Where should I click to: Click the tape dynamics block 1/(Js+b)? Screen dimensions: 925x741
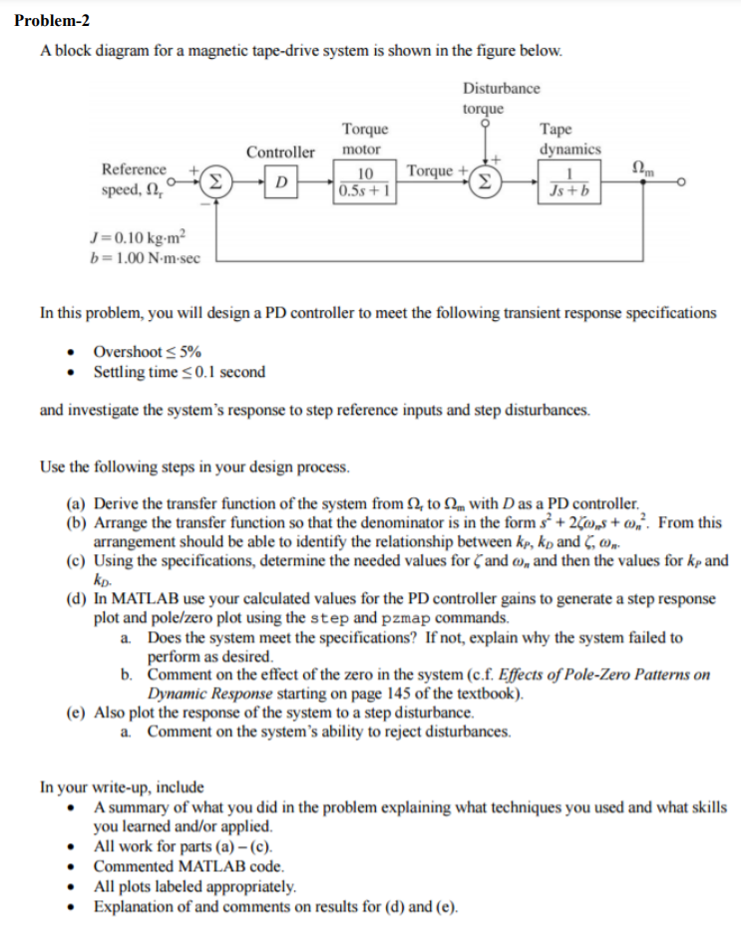[570, 182]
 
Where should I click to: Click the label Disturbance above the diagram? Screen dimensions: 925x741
[502, 88]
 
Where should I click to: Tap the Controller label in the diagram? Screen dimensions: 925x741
[280, 153]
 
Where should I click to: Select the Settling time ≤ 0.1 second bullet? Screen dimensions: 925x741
[180, 372]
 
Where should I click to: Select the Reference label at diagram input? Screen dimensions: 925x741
[134, 169]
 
